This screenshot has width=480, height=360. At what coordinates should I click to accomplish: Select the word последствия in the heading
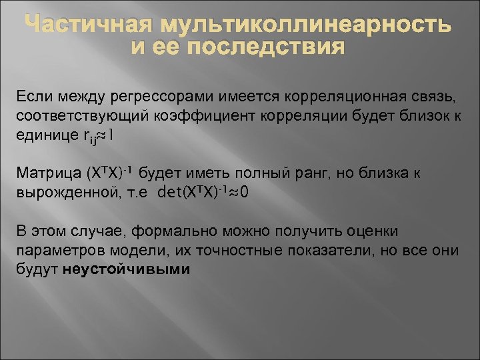click(269, 48)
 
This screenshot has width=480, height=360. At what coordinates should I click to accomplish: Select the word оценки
click(375, 231)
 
